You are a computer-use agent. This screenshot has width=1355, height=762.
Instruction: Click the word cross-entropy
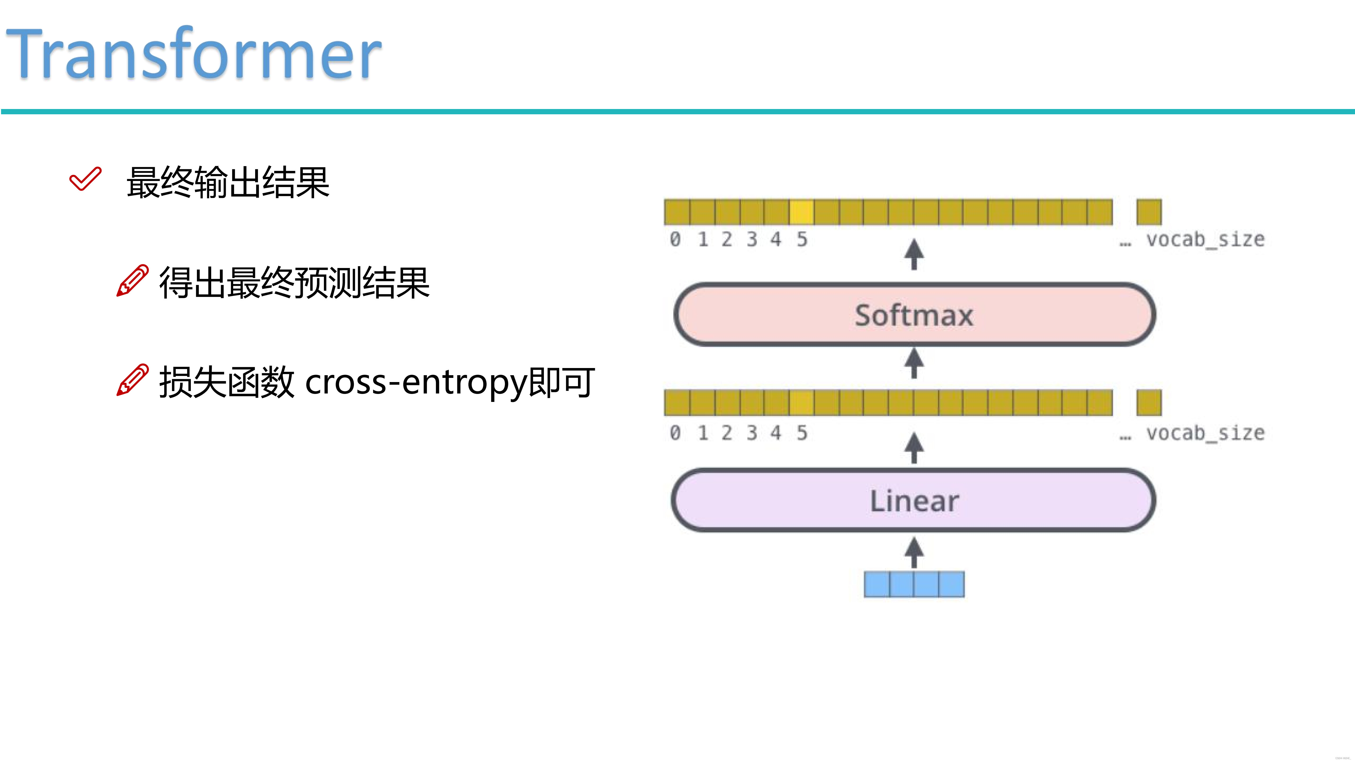click(x=415, y=382)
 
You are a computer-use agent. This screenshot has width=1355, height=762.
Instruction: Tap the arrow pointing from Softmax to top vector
click(x=914, y=255)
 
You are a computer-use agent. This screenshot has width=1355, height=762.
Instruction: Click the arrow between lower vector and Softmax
click(x=914, y=363)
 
